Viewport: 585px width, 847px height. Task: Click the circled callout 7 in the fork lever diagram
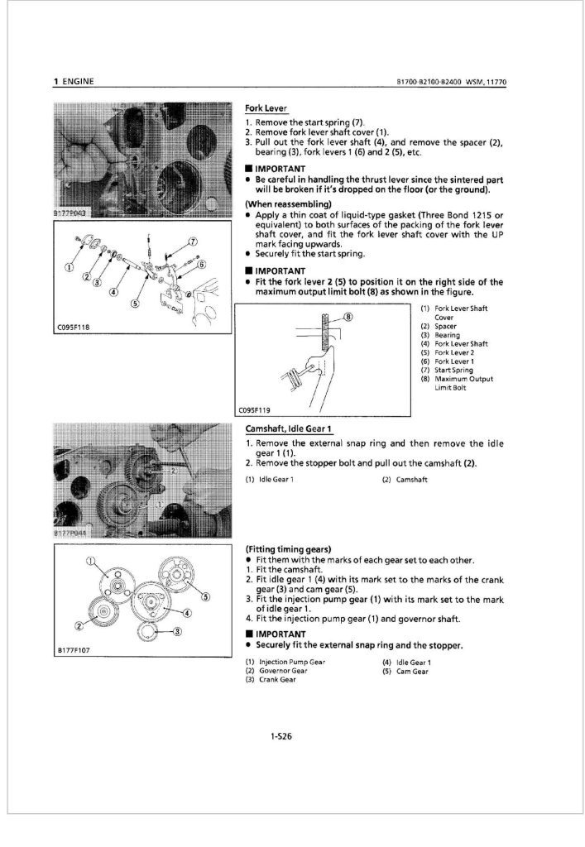pyautogui.click(x=193, y=242)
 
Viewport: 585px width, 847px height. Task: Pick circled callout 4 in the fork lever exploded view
pyautogui.click(x=113, y=291)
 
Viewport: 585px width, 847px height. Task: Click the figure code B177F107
pyautogui.click(x=73, y=650)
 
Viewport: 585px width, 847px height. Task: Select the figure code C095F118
pyautogui.click(x=73, y=328)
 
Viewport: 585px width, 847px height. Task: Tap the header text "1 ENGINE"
pyautogui.click(x=73, y=81)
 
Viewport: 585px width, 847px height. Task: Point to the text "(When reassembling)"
pyautogui.click(x=287, y=203)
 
